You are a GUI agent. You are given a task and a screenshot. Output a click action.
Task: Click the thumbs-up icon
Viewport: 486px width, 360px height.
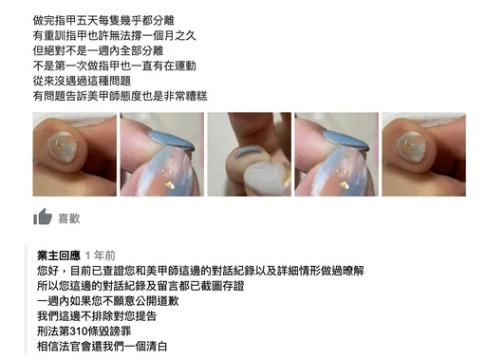click(x=43, y=217)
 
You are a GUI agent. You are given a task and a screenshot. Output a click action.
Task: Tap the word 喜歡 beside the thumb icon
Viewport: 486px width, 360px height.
click(x=69, y=218)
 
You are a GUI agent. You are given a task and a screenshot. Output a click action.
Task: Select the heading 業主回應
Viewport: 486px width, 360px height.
click(x=59, y=256)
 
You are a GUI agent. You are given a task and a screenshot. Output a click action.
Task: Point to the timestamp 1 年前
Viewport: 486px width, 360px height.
click(x=100, y=256)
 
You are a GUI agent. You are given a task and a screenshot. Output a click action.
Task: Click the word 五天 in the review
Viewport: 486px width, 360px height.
click(x=86, y=21)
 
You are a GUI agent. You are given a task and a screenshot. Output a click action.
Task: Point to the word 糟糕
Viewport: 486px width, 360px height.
click(x=196, y=96)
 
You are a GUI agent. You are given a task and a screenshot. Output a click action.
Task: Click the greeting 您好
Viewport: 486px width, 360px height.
click(x=47, y=271)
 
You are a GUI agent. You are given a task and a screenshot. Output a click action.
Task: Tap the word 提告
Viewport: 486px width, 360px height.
click(x=146, y=316)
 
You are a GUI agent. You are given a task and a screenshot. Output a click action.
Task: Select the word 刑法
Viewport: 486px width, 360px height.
click(x=47, y=332)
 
